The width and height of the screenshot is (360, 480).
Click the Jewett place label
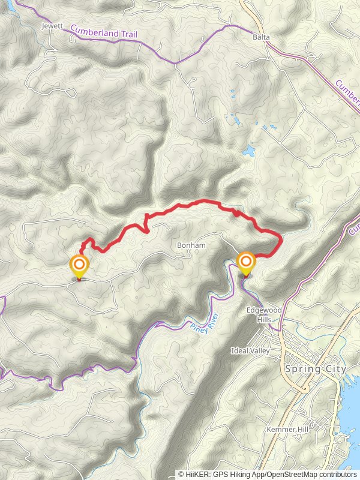click(x=53, y=27)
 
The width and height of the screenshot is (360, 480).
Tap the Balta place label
click(x=261, y=37)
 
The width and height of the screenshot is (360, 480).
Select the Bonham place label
click(x=191, y=245)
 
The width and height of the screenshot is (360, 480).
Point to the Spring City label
click(x=316, y=369)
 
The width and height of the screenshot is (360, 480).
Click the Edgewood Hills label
click(x=264, y=315)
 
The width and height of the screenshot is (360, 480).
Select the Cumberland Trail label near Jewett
click(x=104, y=31)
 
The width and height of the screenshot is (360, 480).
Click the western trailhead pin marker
click(x=79, y=266)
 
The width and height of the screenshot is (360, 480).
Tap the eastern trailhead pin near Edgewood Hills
click(x=245, y=263)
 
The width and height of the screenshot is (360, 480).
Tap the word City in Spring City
click(x=334, y=369)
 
